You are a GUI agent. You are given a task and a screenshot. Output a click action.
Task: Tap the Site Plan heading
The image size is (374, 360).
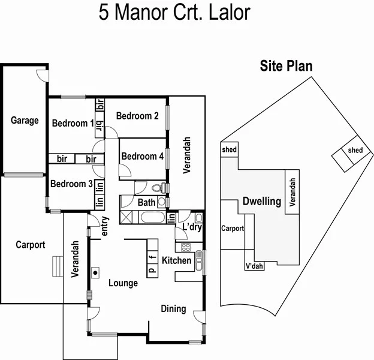point(285,66)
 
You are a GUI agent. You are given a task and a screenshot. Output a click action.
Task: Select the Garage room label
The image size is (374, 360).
point(25,120)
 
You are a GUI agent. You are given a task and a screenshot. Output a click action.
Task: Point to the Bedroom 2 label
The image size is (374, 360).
point(137,116)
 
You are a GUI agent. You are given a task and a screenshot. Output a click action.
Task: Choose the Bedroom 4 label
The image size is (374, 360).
point(142,156)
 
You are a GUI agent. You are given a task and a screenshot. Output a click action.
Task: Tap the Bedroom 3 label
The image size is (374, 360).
point(71,184)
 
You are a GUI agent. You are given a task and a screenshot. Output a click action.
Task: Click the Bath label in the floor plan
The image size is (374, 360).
point(146,202)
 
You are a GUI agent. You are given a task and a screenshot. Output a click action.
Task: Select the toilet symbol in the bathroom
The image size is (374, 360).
point(158,187)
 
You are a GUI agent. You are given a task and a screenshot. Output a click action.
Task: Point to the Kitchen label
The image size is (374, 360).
point(177,260)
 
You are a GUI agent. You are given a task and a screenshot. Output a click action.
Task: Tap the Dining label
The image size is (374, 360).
point(173,308)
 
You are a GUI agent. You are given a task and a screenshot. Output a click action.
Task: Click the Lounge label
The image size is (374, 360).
point(123,283)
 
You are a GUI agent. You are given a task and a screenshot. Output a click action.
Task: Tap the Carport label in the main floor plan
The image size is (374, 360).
point(29,244)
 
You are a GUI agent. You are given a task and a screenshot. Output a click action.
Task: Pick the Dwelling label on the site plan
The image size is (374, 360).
point(261,202)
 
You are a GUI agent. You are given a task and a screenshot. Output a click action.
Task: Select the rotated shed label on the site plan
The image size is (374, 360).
point(355,150)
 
